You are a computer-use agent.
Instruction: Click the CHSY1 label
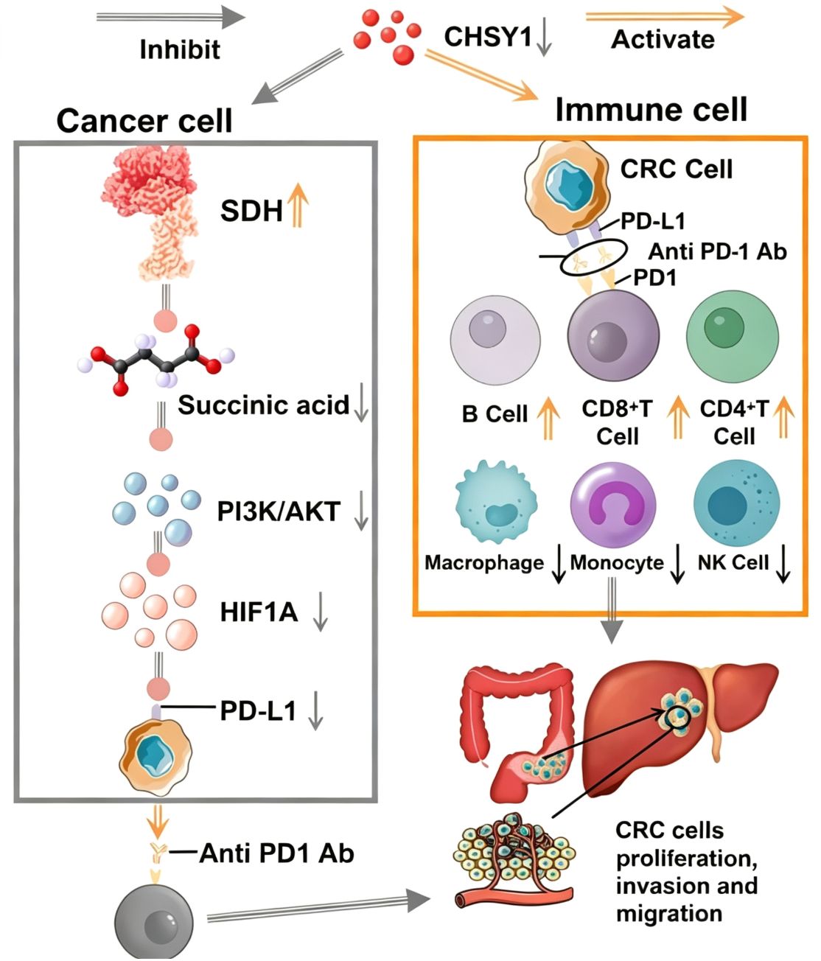tap(488, 37)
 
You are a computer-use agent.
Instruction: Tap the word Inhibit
tap(180, 49)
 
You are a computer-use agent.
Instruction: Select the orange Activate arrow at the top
tap(665, 17)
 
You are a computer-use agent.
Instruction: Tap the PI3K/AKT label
tap(279, 511)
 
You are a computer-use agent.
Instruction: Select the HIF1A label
tap(259, 612)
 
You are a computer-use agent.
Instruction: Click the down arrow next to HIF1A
tap(321, 612)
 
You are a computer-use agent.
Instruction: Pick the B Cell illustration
tap(495, 340)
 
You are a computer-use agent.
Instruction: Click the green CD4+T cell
tap(733, 337)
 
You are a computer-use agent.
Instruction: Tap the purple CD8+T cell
tap(614, 335)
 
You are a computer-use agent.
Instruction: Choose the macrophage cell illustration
tap(496, 503)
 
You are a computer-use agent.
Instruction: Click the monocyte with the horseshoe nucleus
tap(613, 505)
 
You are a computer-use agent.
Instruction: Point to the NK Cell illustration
tap(736, 503)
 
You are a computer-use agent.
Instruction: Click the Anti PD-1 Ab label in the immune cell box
tap(717, 251)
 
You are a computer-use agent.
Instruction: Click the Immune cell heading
tap(651, 110)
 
